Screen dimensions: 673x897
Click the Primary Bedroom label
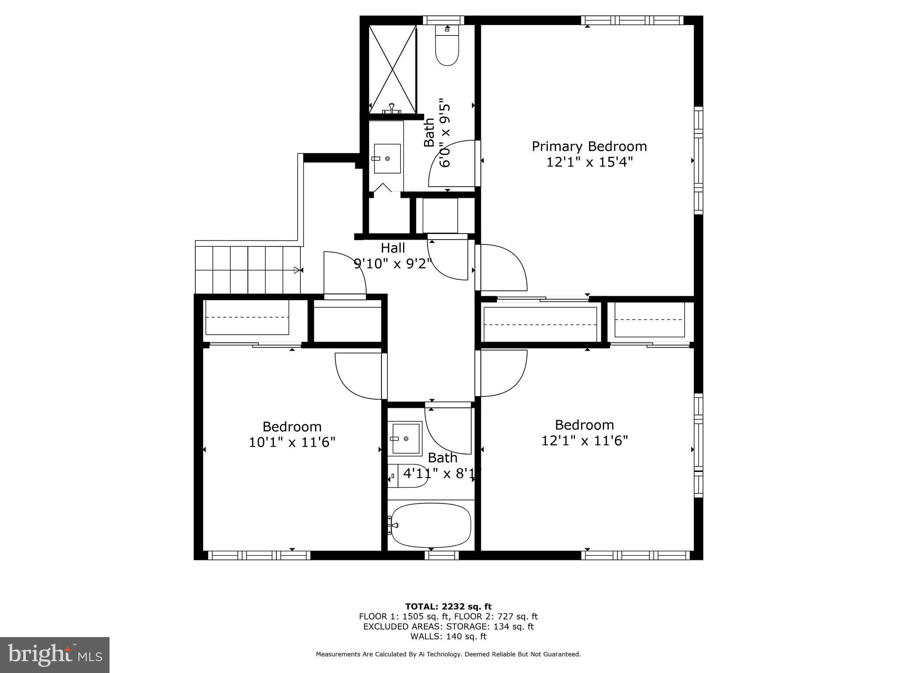click(x=589, y=146)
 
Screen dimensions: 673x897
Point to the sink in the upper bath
click(x=387, y=159)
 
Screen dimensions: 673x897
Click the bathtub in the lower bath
click(x=431, y=525)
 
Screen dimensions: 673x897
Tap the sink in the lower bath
click(x=406, y=438)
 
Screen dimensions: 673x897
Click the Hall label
click(x=393, y=248)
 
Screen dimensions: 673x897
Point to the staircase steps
click(x=248, y=270)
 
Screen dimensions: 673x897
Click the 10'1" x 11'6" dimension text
click(x=292, y=443)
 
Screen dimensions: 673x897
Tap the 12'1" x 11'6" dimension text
click(x=585, y=441)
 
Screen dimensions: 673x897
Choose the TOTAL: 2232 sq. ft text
click(x=448, y=607)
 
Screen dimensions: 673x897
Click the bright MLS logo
click(x=55, y=655)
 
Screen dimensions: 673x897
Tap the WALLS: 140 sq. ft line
click(x=448, y=637)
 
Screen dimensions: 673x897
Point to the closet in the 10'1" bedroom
click(x=247, y=318)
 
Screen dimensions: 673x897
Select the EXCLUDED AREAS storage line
click(x=448, y=627)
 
